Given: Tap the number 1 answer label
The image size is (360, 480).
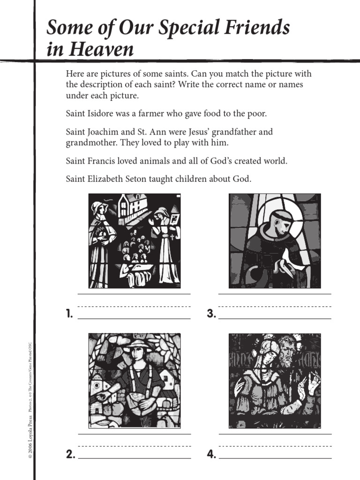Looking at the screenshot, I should coord(69,315).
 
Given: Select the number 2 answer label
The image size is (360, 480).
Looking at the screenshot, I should coord(70,454).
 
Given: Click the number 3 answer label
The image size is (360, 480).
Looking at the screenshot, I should coord(211,315).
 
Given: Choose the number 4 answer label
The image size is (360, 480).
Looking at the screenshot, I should coord(211,454).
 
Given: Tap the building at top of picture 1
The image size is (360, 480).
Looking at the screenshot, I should coord(132,206).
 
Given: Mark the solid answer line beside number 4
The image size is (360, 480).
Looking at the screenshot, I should coord(275,458).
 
